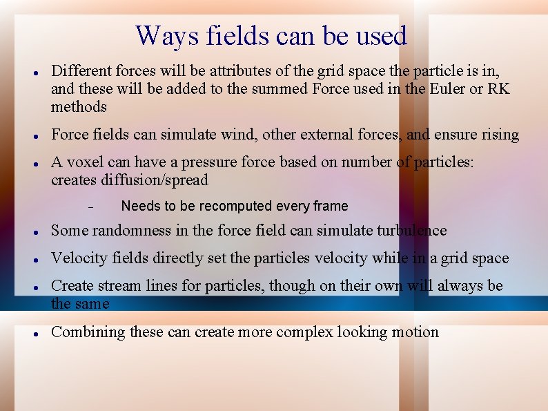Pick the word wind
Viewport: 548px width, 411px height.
coord(239,135)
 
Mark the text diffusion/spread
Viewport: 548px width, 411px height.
coord(129,180)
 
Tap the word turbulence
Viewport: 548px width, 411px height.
coord(411,231)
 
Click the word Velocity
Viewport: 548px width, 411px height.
coord(77,258)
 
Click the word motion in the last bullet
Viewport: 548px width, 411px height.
coord(415,332)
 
